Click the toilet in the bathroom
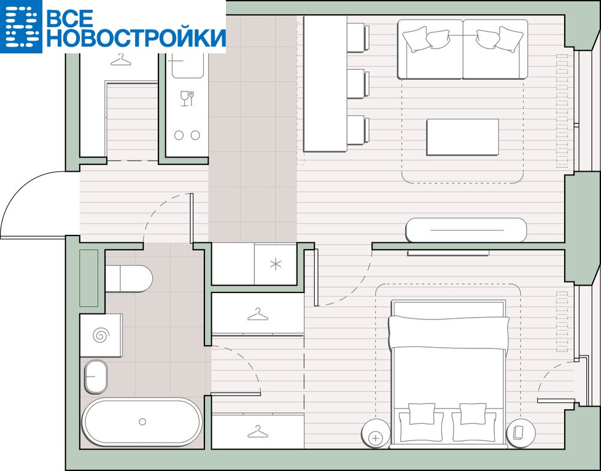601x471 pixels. pos(129,278)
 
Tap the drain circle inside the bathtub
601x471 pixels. pos(142,421)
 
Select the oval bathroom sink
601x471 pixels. pos(95,377)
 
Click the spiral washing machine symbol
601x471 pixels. pos(101,335)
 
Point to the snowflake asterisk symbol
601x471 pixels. pos(276,264)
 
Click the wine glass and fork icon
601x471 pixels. pos(187,98)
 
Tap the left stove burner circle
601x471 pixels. pos(179,135)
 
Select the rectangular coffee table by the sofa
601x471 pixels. pos(463,137)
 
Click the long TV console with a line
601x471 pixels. pos(466,230)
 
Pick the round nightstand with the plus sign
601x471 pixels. pos(375,433)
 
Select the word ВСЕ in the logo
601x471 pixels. pos(70,18)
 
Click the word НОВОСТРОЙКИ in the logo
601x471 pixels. pos(136,37)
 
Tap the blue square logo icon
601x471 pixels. pos(21,26)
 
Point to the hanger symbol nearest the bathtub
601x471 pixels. pos(258,432)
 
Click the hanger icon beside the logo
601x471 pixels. pos(121,59)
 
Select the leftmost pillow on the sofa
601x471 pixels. pos(416,39)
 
